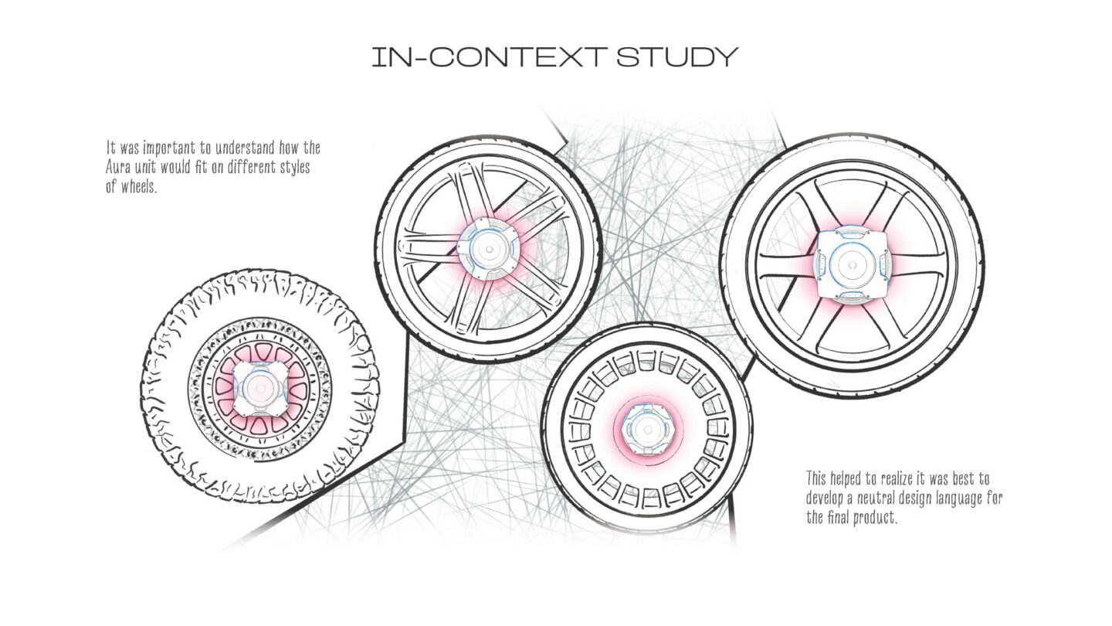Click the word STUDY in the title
click(677, 57)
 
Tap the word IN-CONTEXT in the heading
click(490, 57)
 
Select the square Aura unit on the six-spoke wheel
click(851, 265)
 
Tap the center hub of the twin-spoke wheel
click(489, 249)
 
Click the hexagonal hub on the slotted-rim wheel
click(647, 429)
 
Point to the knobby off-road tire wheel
click(260, 387)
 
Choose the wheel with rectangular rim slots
click(647, 428)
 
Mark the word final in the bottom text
click(838, 518)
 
